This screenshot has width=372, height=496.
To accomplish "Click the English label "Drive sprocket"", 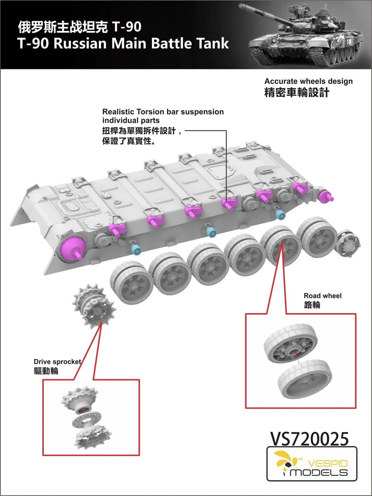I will pyautogui.click(x=57, y=362).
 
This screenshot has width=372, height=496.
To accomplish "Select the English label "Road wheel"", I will pyautogui.click(x=322, y=296).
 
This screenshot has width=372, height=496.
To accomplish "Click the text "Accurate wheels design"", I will pyautogui.click(x=308, y=81).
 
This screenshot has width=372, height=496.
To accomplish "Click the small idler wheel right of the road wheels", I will pyautogui.click(x=347, y=243).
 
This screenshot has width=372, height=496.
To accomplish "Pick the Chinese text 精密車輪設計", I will pyautogui.click(x=296, y=93).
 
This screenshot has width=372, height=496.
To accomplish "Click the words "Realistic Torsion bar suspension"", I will pyautogui.click(x=163, y=112).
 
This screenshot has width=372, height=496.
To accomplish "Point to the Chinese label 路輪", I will pyautogui.click(x=312, y=305).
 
